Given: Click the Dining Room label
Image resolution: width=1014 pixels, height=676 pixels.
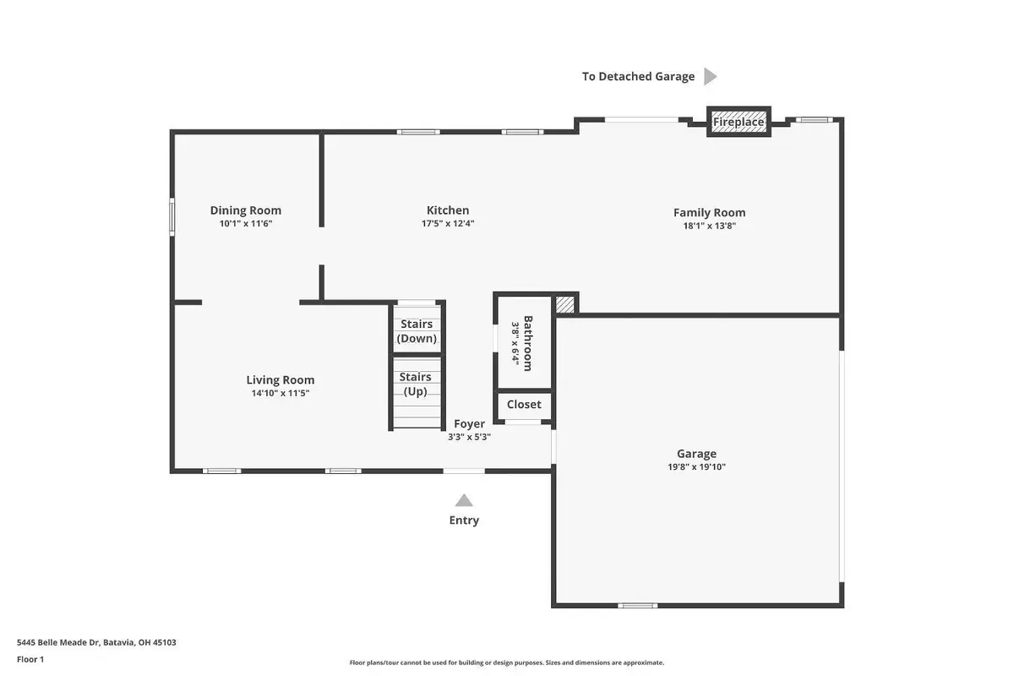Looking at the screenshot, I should tap(245, 210).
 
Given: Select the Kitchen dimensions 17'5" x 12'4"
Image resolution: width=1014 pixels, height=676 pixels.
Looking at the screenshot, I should tap(447, 224).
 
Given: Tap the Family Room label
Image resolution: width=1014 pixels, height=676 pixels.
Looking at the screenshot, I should tap(709, 213).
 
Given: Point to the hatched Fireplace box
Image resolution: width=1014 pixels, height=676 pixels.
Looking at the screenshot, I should tap(739, 122).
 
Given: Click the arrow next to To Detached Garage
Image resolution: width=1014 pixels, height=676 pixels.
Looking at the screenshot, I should tap(710, 77).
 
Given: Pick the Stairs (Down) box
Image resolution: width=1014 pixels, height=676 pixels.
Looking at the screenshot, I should tap(417, 331).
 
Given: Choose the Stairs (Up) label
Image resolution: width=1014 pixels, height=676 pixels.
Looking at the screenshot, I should tap(415, 384).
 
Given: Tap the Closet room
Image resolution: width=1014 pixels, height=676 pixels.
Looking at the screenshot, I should tap(524, 405).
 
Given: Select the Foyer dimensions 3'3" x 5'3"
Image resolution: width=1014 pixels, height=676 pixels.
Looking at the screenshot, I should tap(469, 438).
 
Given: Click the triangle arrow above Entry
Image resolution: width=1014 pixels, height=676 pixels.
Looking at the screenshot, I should tap(464, 500).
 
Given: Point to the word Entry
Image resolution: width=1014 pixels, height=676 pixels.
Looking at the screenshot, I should tap(464, 521).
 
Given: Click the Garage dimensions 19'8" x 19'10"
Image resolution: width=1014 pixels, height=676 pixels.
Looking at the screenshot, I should tap(696, 466).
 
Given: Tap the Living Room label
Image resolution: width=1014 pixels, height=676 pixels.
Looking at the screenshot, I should tap(280, 380).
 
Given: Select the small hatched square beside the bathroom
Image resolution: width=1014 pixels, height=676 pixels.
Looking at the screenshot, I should tap(564, 304).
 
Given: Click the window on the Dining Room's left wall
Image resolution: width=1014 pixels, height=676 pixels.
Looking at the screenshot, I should tap(172, 215).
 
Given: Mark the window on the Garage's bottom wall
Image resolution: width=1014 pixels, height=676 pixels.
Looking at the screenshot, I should tap(637, 605).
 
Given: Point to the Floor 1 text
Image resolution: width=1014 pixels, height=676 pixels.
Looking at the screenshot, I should tap(30, 659).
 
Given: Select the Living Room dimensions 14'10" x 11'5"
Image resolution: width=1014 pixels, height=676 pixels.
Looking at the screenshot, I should tap(280, 393).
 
